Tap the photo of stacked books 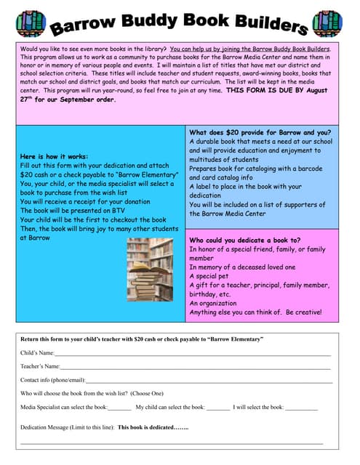click(150, 269)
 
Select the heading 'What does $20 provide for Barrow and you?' click(260, 132)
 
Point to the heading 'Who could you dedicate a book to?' click(244, 240)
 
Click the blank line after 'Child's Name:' click(193, 354)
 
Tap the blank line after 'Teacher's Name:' click(196, 368)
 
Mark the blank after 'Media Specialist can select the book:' click(119, 408)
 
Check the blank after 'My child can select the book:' click(217, 408)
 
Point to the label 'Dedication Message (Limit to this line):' click(67, 428)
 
